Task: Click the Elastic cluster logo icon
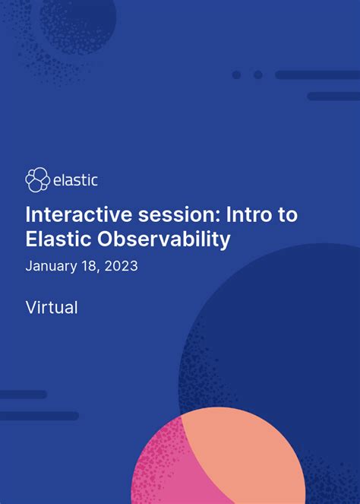[x=37, y=180]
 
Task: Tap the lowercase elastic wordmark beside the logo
[x=75, y=181]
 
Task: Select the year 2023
[x=121, y=267]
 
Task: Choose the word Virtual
[x=52, y=308]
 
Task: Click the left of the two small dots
[x=236, y=74]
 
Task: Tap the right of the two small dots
[x=258, y=74]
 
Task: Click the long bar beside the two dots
[x=317, y=74]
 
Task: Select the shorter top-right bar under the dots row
[x=333, y=97]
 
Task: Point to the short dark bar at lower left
[x=23, y=395]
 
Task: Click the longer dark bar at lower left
[x=39, y=416]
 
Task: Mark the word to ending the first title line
[x=287, y=215]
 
